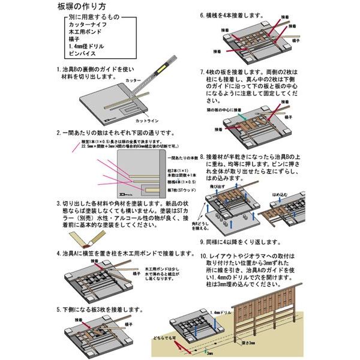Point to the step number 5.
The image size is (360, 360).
58,310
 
